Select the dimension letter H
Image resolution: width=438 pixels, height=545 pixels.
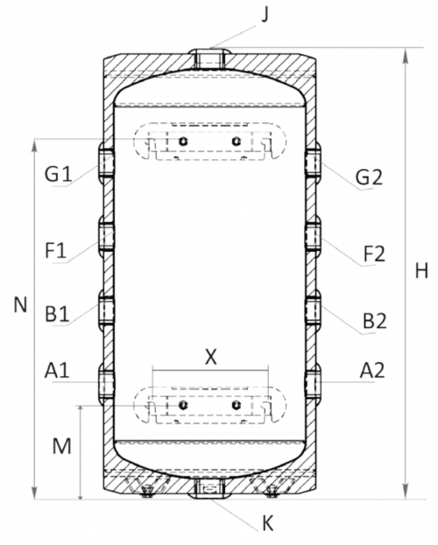(x=420, y=272)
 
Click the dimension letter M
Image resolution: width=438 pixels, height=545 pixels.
(x=61, y=447)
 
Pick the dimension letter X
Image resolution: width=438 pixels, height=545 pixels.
(x=209, y=356)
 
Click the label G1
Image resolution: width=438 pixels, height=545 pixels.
(x=59, y=173)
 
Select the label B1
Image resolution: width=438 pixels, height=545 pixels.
(x=59, y=313)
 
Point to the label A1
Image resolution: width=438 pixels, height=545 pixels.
(x=57, y=371)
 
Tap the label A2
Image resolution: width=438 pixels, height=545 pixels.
(x=371, y=371)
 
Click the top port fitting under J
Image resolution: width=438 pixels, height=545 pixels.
(x=209, y=59)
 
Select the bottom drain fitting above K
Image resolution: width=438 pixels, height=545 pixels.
(x=209, y=488)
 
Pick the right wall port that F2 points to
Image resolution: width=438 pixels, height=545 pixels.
(x=312, y=236)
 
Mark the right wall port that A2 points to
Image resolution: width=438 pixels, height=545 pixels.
(x=312, y=382)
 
